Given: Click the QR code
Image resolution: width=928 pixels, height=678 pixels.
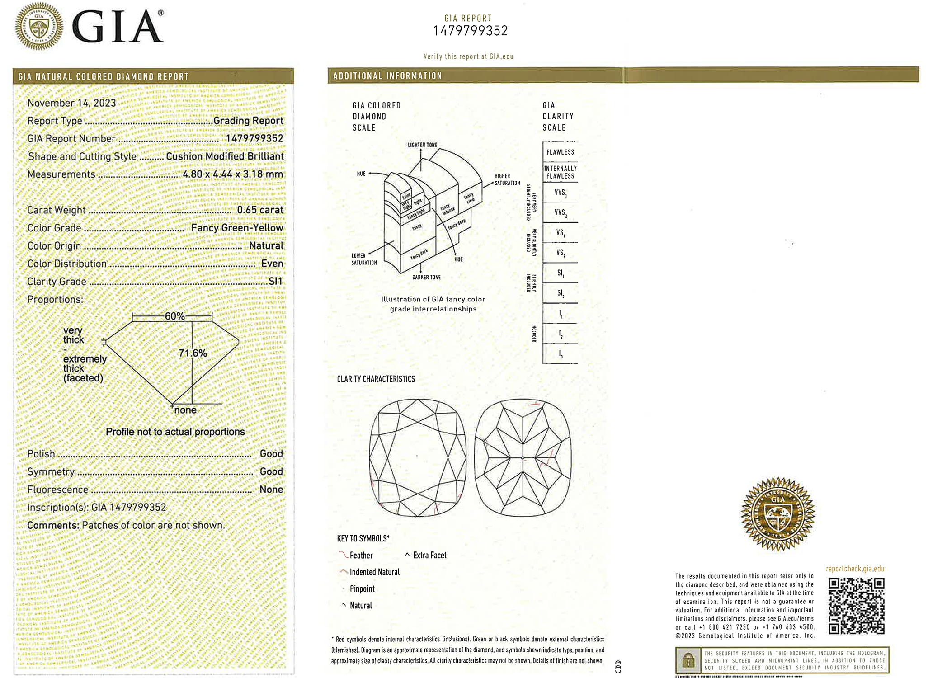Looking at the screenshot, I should pos(856,606).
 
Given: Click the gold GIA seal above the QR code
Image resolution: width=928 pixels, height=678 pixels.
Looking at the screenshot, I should pos(777,514).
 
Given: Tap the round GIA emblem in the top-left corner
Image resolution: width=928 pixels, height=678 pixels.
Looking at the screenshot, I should pos(39,26).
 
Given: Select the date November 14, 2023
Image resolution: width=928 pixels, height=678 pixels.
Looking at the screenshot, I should pos(71,103).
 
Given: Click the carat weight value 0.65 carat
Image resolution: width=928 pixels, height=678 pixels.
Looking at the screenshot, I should pos(260,210).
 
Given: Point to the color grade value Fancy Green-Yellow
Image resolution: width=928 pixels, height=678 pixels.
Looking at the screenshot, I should pos(237,228).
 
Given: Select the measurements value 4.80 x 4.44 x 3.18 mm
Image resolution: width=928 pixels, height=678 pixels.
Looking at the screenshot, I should pos(233,174).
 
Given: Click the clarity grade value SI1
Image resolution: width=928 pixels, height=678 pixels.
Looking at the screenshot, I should pos(275,282).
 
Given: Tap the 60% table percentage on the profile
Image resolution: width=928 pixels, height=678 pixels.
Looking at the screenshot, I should pos(174,316).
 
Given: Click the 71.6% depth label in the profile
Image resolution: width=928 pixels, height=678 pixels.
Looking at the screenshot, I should pos(193,353).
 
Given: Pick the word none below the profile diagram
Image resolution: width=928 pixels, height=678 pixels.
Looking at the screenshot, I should pos(185,410).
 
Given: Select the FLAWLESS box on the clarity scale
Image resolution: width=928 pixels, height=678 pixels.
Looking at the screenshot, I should pos(560,152).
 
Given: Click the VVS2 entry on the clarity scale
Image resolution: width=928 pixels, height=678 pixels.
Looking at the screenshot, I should pos(560,212).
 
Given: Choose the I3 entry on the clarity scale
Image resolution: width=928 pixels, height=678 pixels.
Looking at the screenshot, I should pos(561,354).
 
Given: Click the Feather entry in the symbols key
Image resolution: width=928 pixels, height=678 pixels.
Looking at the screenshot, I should pos(361,556).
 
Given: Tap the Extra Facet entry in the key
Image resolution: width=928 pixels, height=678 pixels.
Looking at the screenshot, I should pos(429,556).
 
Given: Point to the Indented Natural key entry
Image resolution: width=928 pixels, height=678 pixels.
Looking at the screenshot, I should pos(374,572).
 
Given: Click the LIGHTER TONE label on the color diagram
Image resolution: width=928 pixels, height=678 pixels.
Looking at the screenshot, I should pos(422,145).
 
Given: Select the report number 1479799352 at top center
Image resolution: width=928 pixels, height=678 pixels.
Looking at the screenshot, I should pos(470,31).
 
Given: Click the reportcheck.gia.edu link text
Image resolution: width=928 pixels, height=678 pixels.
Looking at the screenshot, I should pos(855,569).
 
